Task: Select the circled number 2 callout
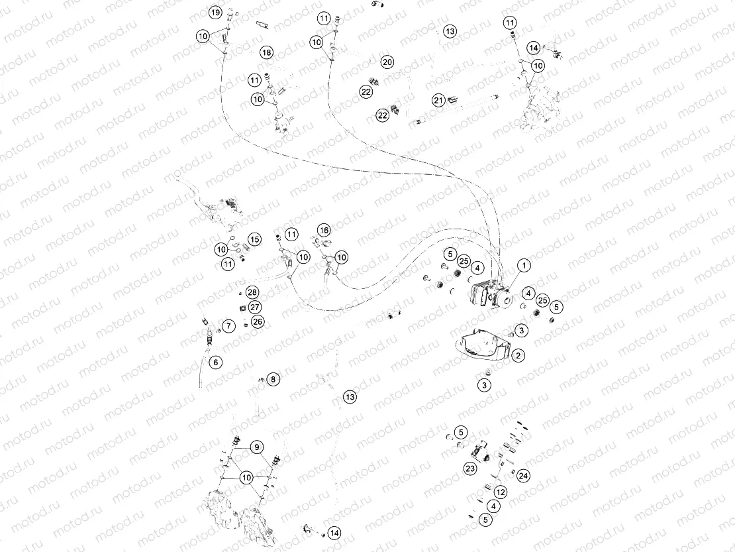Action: (518, 356)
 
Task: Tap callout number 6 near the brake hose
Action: (215, 362)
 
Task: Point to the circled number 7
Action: (228, 326)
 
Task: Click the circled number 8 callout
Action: (274, 379)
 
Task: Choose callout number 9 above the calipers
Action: (256, 447)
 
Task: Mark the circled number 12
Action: (501, 492)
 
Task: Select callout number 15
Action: (254, 239)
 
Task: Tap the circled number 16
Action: (323, 230)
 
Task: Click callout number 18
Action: (266, 52)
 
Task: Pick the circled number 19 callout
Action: (215, 13)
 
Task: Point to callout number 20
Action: (387, 62)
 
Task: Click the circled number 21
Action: (438, 100)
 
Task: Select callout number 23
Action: (470, 469)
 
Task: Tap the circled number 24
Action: (524, 475)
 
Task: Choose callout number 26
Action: (258, 321)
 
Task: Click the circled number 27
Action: (256, 307)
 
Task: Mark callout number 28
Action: (252, 292)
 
